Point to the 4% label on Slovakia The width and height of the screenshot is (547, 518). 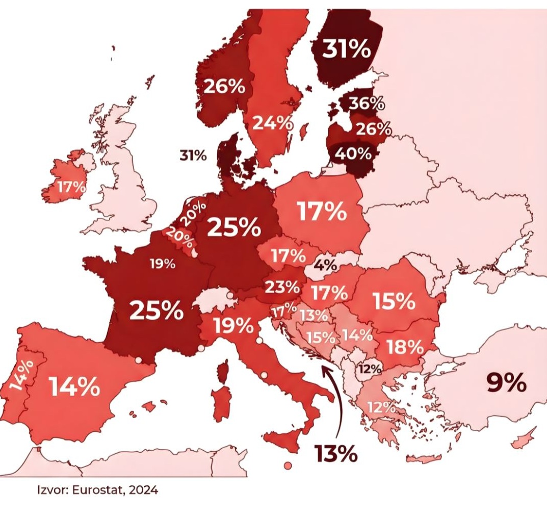pyautogui.click(x=325, y=265)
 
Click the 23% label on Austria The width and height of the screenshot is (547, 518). pyautogui.click(x=282, y=287)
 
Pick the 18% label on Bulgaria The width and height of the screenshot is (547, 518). pyautogui.click(x=405, y=347)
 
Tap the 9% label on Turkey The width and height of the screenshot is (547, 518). pyautogui.click(x=506, y=382)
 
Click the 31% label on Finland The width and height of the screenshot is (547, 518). pyautogui.click(x=347, y=49)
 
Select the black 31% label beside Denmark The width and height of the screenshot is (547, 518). pyautogui.click(x=193, y=156)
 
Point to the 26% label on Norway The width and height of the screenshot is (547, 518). pyautogui.click(x=224, y=87)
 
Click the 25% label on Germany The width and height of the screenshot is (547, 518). pyautogui.click(x=233, y=227)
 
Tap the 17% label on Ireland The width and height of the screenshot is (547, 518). pyautogui.click(x=71, y=187)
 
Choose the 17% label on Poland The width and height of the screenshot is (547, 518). pyautogui.click(x=322, y=212)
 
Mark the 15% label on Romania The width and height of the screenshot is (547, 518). pyautogui.click(x=394, y=301)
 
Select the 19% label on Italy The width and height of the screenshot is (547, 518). pyautogui.click(x=233, y=325)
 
